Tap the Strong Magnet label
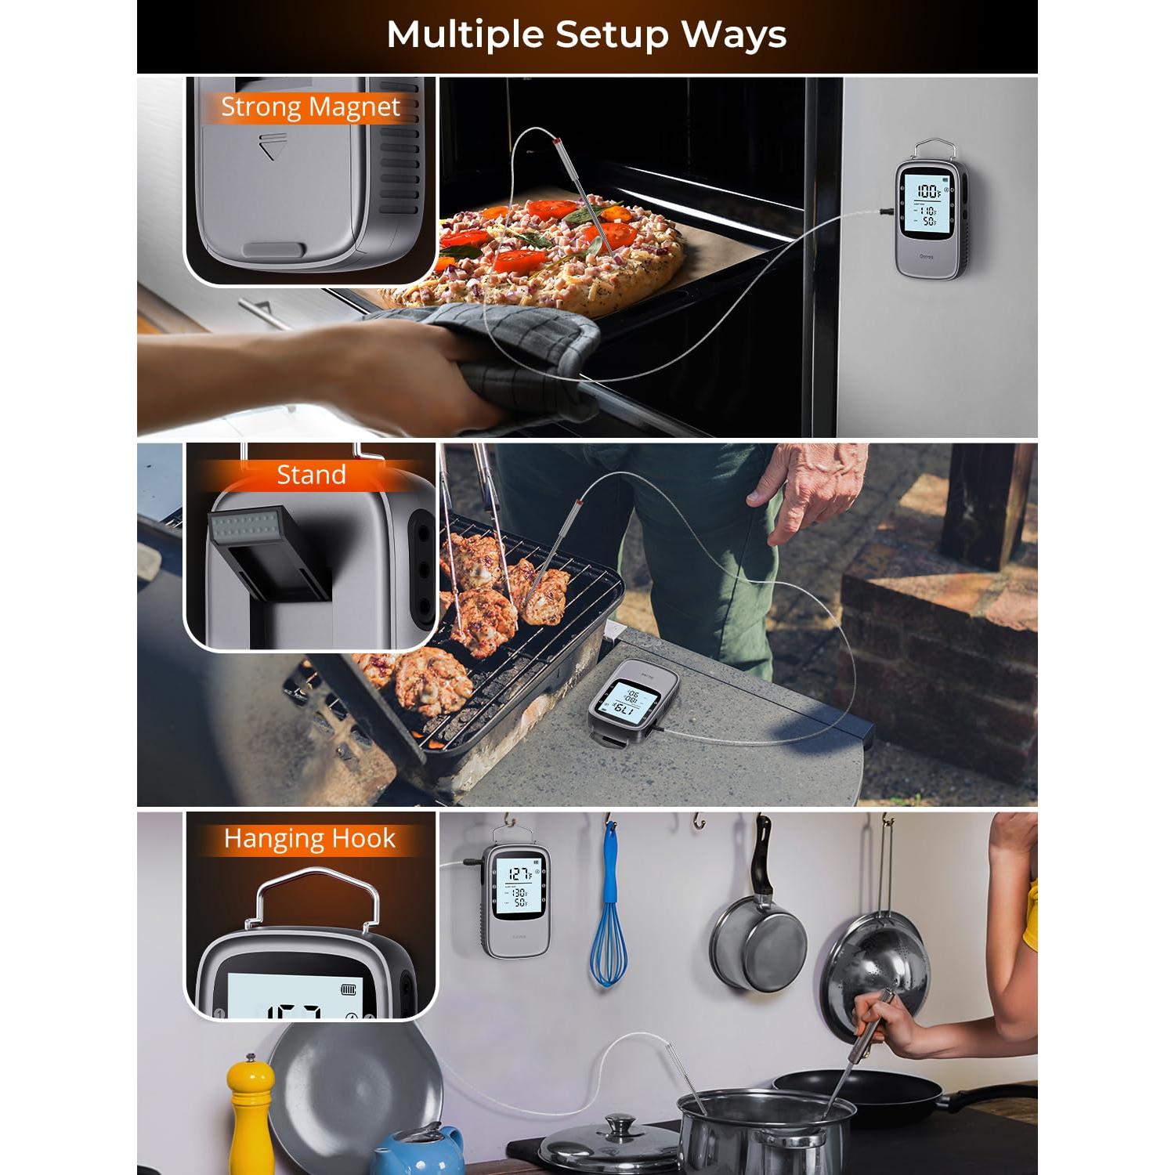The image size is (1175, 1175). point(310,107)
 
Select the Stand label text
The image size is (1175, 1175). point(311,475)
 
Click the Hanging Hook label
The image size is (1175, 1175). point(309,839)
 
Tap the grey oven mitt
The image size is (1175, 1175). point(501,352)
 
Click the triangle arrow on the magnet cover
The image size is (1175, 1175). point(269,147)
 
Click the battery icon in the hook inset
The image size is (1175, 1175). point(349,990)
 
